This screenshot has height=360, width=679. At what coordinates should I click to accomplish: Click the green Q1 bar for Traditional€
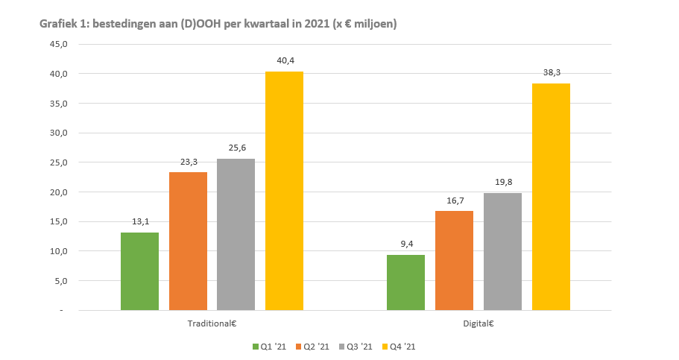click(139, 271)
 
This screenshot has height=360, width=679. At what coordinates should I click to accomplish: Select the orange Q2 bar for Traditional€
click(188, 241)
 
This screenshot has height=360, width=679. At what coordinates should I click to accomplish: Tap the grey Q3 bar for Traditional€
click(236, 234)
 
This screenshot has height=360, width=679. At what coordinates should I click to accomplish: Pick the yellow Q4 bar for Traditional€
click(284, 191)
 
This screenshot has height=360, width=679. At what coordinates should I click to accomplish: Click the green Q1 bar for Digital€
click(405, 282)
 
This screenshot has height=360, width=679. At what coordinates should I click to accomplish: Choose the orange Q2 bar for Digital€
click(454, 260)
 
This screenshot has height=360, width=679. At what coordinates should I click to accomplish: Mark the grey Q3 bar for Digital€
click(502, 251)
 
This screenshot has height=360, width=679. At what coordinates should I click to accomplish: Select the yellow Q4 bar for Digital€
click(551, 197)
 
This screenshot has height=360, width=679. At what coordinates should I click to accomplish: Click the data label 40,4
click(285, 60)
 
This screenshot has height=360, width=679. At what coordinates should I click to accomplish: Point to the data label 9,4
click(406, 244)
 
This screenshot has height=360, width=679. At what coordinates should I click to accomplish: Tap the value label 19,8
click(502, 182)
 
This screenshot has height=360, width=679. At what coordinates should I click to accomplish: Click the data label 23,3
click(188, 161)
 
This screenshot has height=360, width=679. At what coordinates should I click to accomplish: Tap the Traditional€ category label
click(212, 324)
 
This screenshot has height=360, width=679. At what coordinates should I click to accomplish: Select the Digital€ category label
click(479, 324)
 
